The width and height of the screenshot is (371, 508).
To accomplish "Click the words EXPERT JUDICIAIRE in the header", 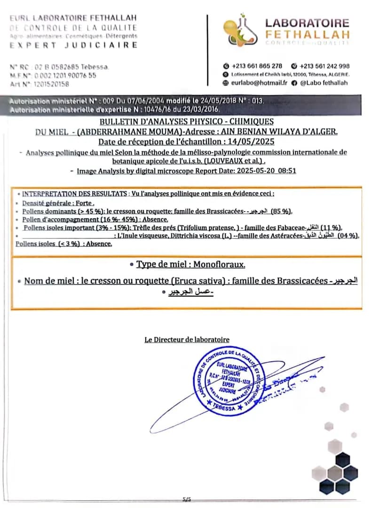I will [74, 45].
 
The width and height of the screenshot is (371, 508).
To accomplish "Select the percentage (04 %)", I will [347, 236].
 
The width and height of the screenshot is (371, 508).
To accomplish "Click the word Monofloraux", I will [218, 264].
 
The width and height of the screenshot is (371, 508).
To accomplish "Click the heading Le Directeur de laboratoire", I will [187, 340].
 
